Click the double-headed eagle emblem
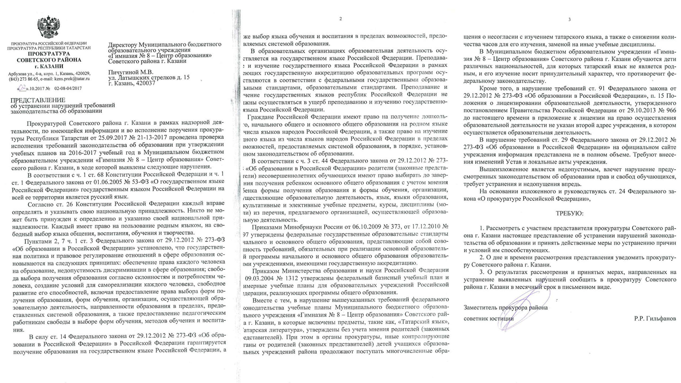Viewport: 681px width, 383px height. click(x=48, y=27)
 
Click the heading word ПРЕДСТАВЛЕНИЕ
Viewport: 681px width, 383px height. click(x=38, y=100)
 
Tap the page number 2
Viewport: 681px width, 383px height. click(x=340, y=19)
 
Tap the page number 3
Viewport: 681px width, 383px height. click(x=569, y=19)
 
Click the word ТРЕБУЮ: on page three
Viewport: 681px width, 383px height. click(x=570, y=213)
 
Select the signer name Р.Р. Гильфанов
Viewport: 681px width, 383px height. click(x=655, y=318)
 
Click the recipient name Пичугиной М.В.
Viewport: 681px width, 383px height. click(x=131, y=72)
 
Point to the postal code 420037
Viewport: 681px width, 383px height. click(x=146, y=83)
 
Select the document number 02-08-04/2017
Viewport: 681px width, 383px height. click(x=68, y=88)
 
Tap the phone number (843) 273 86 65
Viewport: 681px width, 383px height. click(x=23, y=79)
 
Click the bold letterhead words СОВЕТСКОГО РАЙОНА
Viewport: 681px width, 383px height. click(x=49, y=60)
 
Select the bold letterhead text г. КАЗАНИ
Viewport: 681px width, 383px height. click(x=49, y=66)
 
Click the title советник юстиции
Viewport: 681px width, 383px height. click(x=488, y=319)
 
